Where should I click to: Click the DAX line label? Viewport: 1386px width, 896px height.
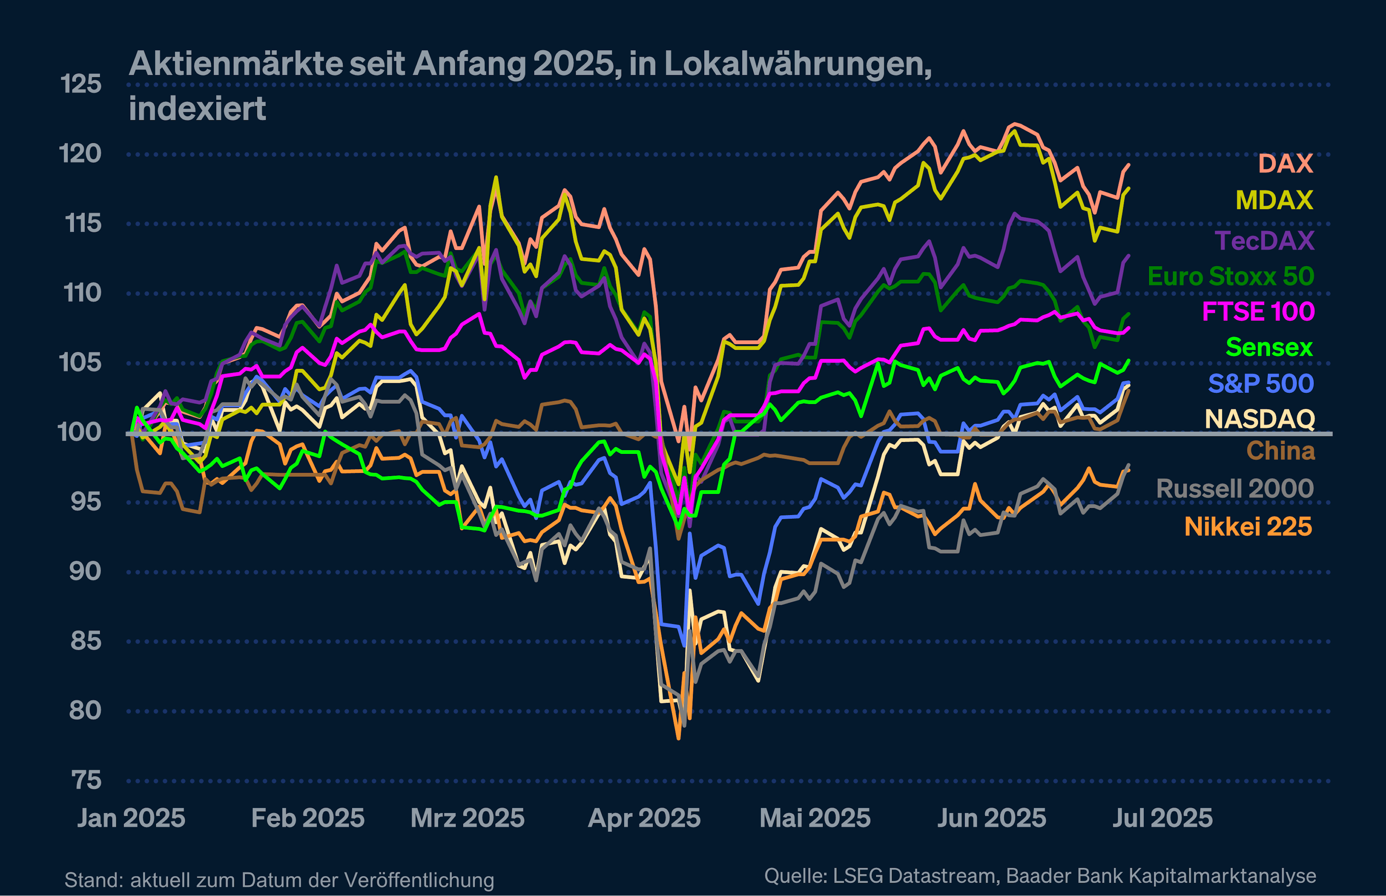tap(1285, 163)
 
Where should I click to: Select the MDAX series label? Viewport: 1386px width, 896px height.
tap(1274, 200)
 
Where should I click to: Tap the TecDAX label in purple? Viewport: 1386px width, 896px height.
tap(1264, 240)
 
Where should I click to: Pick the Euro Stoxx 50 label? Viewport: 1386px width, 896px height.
tap(1231, 276)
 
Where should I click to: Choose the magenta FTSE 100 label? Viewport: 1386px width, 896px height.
tap(1258, 312)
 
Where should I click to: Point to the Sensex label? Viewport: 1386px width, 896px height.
tap(1269, 348)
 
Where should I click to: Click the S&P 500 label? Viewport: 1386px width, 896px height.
tap(1261, 384)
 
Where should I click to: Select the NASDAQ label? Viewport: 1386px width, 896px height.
tap(1260, 419)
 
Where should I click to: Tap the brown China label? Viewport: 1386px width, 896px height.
tap(1281, 451)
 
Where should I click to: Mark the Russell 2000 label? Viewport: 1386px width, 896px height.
tap(1235, 489)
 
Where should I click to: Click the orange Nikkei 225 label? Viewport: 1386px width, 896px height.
tap(1248, 526)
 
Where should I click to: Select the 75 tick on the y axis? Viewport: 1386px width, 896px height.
tap(87, 780)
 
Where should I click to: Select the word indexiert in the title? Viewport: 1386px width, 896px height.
tap(197, 109)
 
